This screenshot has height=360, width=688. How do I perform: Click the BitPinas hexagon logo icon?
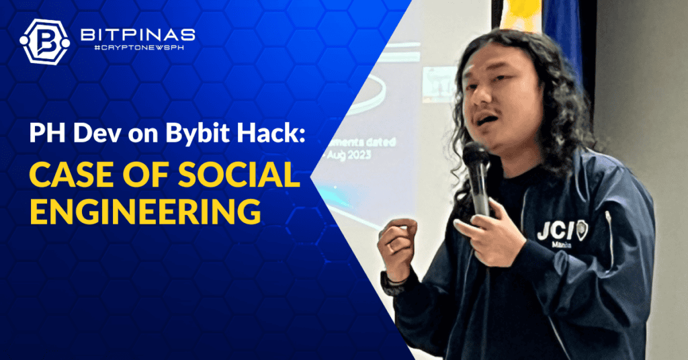[x=44, y=41]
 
